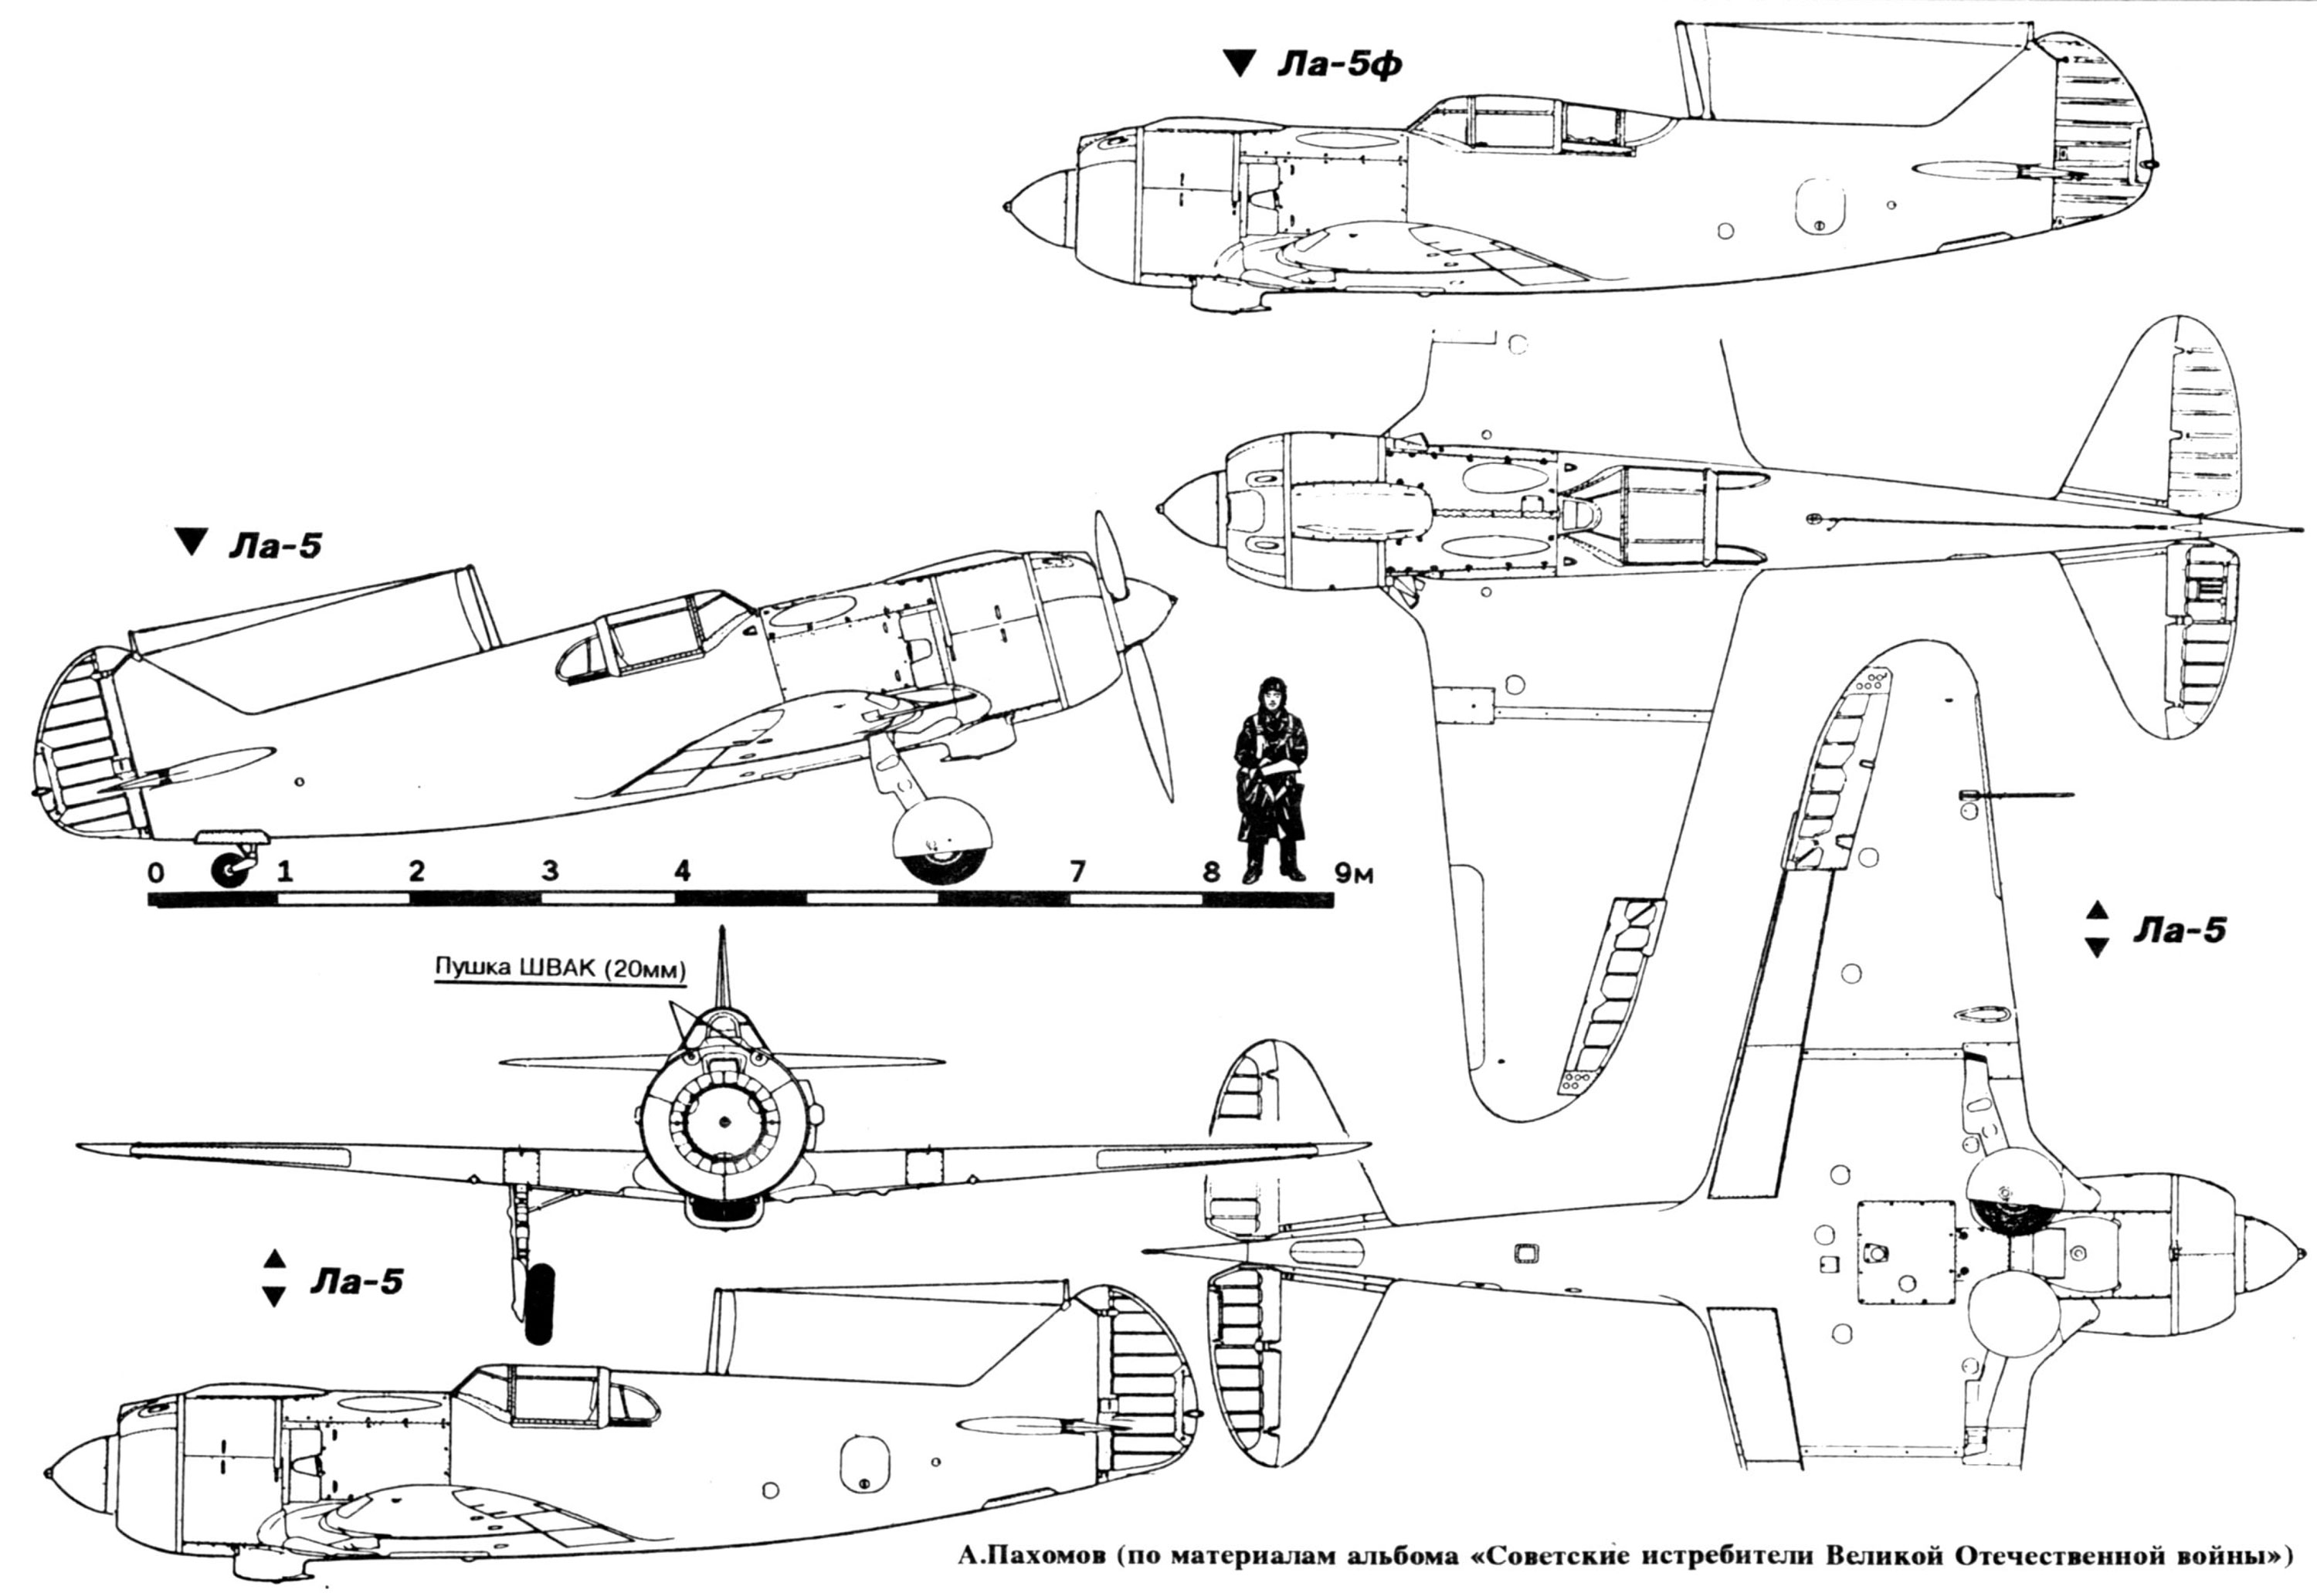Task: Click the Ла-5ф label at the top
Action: [1340, 66]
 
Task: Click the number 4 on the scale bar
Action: [682, 871]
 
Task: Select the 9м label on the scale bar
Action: [1354, 873]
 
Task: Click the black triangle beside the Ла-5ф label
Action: [1240, 65]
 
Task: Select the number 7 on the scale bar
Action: [1076, 871]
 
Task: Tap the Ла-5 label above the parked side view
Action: [276, 546]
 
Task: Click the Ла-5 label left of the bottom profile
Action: [356, 1280]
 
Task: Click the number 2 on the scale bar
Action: [416, 871]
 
